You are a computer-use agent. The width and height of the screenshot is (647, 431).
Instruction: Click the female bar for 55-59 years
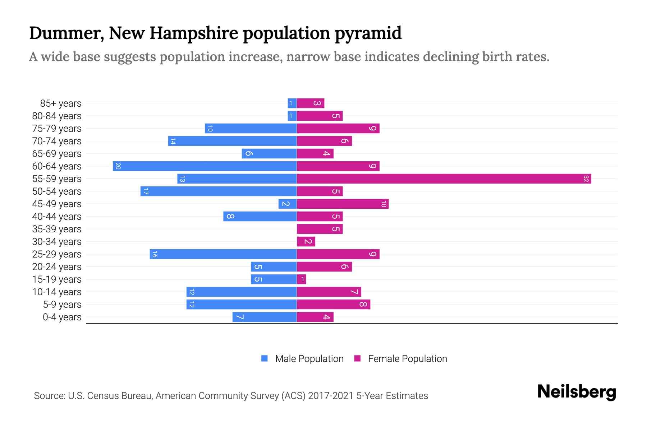click(x=444, y=179)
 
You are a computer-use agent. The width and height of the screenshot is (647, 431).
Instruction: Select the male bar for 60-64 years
click(x=205, y=166)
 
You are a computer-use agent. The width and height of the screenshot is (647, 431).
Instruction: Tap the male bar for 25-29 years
click(x=223, y=254)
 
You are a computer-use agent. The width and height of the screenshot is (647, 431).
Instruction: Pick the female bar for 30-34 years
click(x=306, y=241)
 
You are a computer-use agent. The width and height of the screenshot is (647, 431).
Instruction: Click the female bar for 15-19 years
click(x=302, y=279)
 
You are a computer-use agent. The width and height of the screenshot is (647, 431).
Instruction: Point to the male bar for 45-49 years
click(x=288, y=204)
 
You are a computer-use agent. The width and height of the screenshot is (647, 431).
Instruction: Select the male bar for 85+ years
click(x=292, y=103)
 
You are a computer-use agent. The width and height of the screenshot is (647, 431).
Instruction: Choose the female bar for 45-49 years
click(x=343, y=204)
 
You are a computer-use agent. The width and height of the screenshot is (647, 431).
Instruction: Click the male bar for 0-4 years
click(x=265, y=317)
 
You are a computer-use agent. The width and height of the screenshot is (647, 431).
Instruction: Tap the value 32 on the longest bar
click(x=586, y=179)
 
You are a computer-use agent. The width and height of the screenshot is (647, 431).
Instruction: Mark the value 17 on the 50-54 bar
click(x=146, y=191)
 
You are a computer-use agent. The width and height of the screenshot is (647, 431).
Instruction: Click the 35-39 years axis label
click(x=57, y=229)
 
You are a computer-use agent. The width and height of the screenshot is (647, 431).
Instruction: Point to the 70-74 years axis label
click(x=57, y=141)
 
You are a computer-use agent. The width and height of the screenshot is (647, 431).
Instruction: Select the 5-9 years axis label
click(x=62, y=304)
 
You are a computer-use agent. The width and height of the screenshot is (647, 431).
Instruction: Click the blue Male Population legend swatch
click(x=265, y=358)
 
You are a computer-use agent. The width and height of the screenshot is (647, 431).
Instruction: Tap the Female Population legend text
click(x=407, y=358)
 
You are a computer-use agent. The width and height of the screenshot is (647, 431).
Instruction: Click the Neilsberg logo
click(x=577, y=391)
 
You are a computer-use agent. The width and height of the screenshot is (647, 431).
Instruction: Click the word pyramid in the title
click(x=368, y=33)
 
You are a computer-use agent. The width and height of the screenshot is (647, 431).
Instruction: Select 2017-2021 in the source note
click(x=331, y=395)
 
